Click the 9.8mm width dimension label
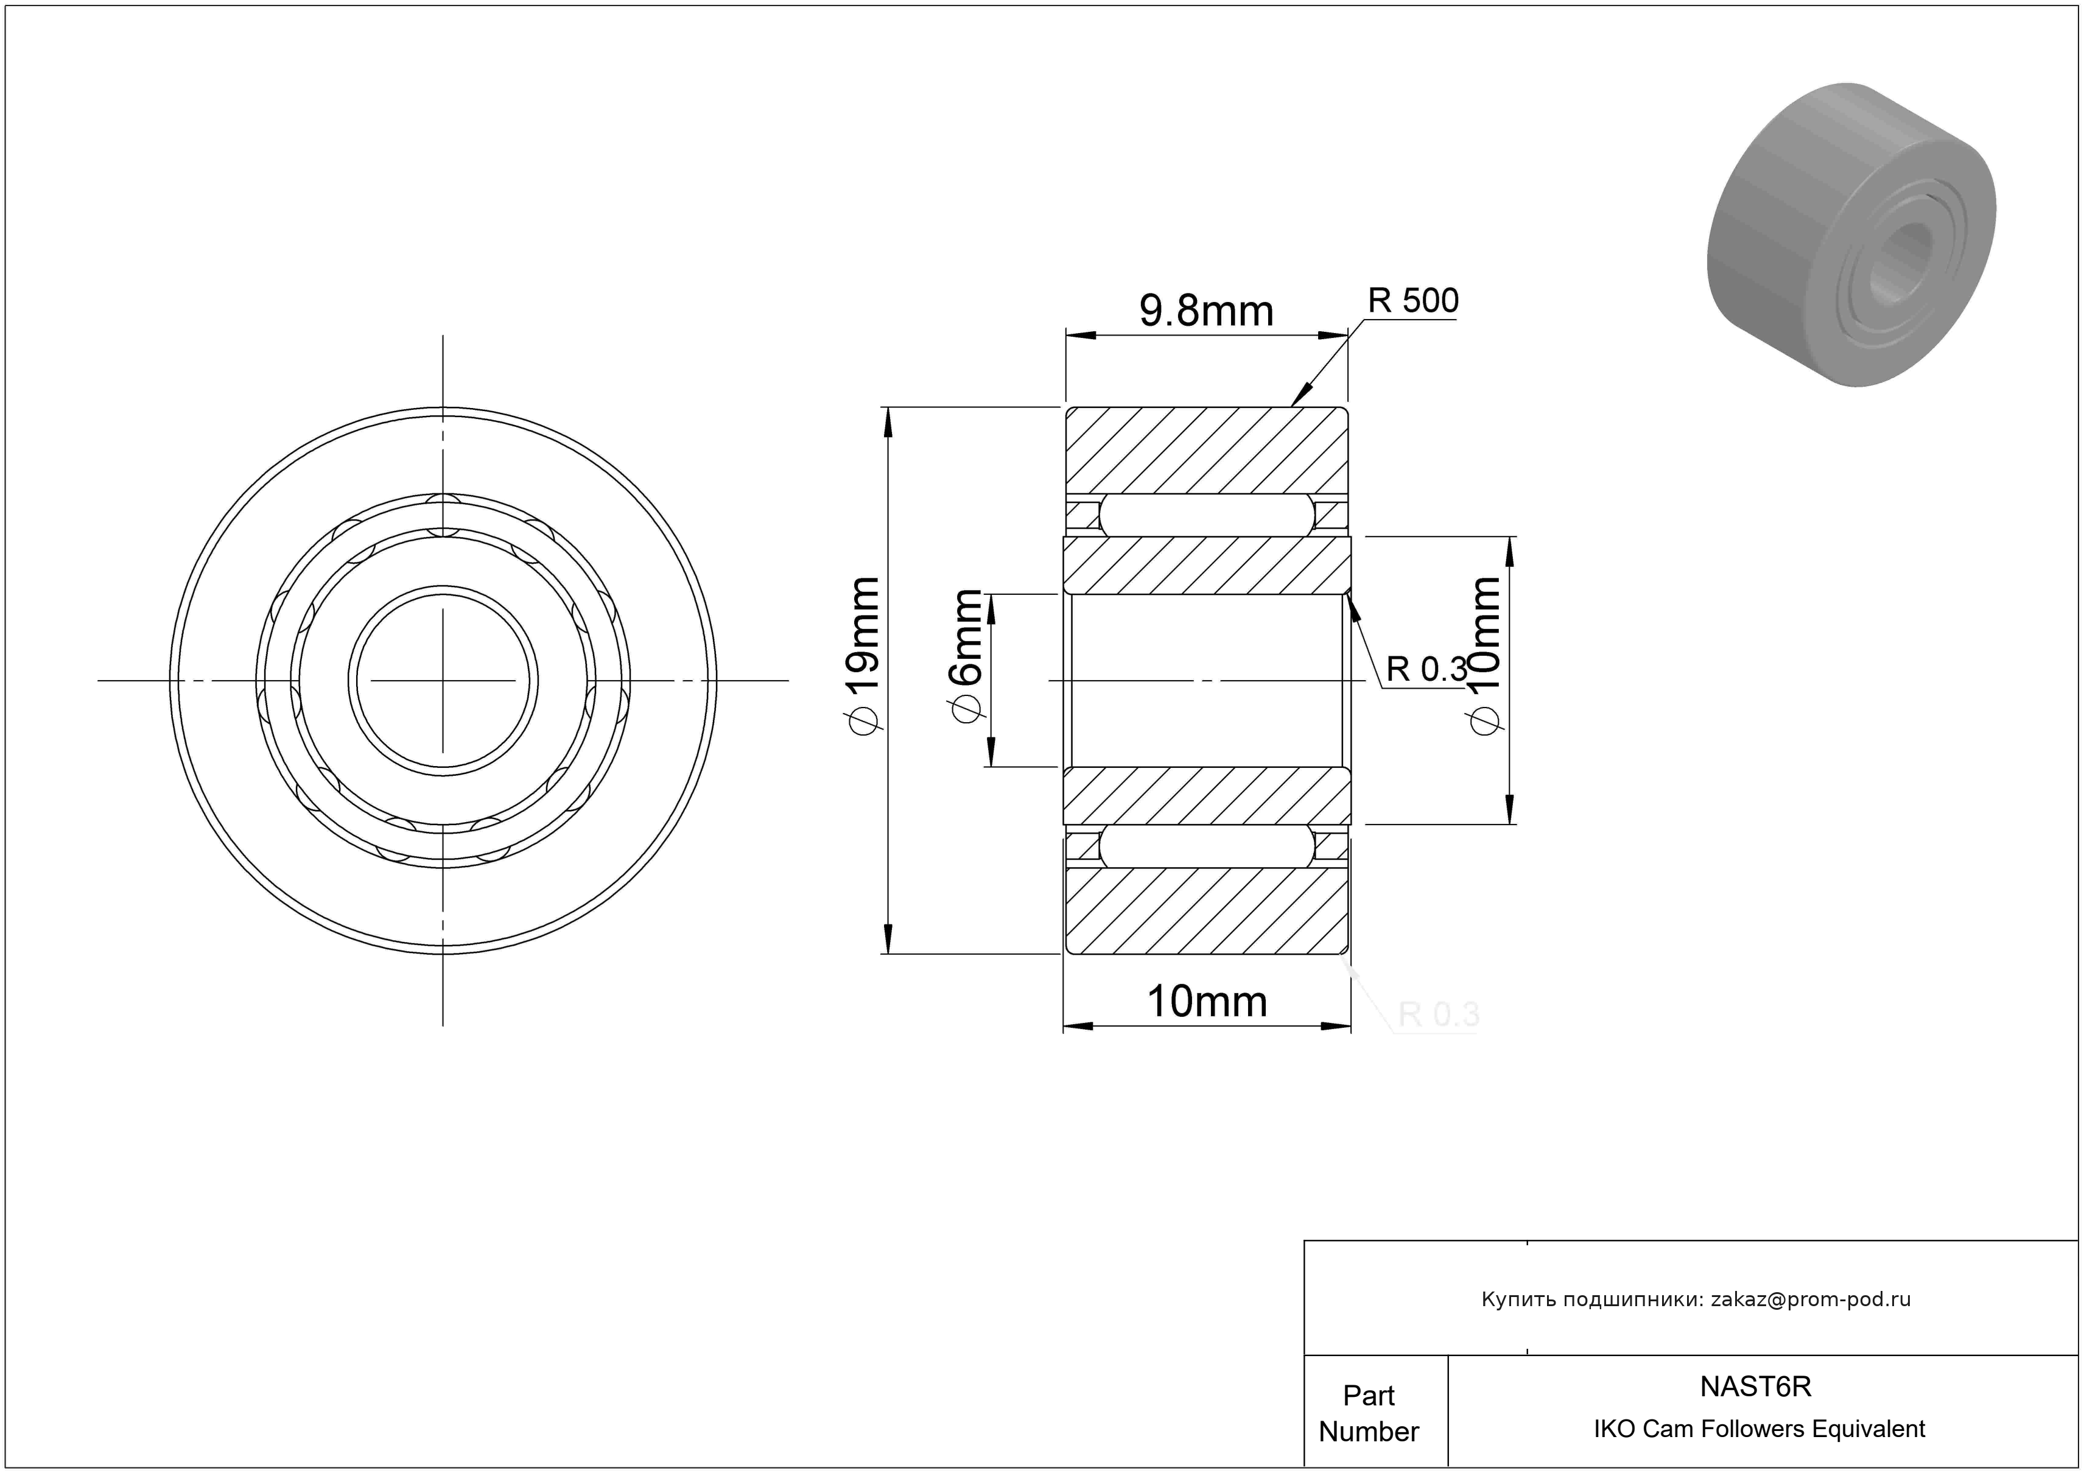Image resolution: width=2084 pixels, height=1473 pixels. [x=1206, y=311]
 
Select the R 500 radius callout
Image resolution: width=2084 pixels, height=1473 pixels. [x=1413, y=300]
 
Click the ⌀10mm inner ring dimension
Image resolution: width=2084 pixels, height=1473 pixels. [x=1485, y=655]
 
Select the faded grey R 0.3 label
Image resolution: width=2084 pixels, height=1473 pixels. [x=1439, y=1014]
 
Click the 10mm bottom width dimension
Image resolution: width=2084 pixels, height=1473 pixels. [x=1207, y=1002]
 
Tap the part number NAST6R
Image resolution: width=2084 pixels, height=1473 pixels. [x=1755, y=1386]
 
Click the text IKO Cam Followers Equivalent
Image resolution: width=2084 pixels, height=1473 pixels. [x=1759, y=1429]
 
